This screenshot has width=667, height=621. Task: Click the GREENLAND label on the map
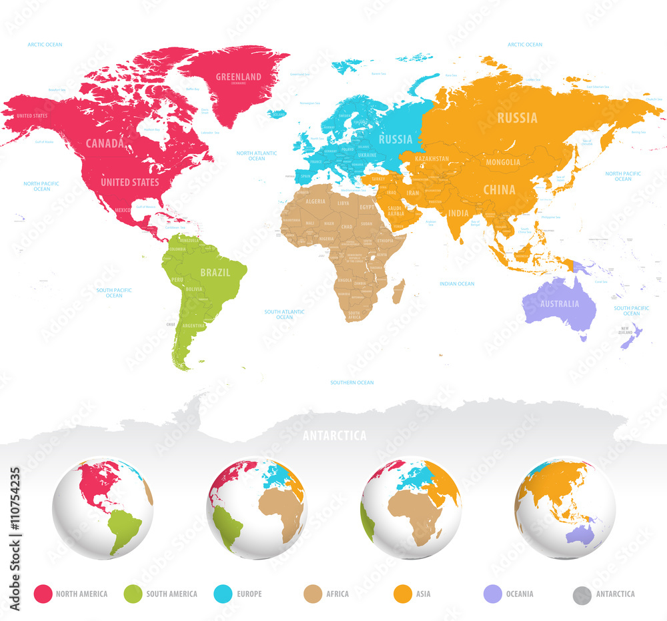pyautogui.click(x=238, y=77)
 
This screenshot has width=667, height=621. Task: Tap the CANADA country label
pyautogui.click(x=105, y=143)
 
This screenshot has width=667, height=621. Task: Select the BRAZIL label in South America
pyautogui.click(x=215, y=272)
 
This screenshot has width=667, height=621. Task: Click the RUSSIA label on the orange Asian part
pyautogui.click(x=517, y=118)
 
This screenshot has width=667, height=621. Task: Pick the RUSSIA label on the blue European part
pyautogui.click(x=396, y=139)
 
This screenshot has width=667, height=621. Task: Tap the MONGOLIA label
pyautogui.click(x=504, y=162)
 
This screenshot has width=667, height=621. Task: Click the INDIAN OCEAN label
pyautogui.click(x=457, y=283)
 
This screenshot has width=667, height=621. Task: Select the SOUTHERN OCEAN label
pyautogui.click(x=352, y=382)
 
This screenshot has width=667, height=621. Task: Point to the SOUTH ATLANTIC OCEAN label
pyautogui.click(x=284, y=314)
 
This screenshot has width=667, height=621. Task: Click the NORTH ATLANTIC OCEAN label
pyautogui.click(x=256, y=155)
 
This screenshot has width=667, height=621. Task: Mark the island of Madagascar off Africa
pyautogui.click(x=400, y=291)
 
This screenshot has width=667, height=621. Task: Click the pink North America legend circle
pyautogui.click(x=43, y=594)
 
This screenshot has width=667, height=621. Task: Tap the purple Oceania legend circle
pyautogui.click(x=492, y=594)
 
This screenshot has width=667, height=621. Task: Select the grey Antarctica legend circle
pyautogui.click(x=582, y=594)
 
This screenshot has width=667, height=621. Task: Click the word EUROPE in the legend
pyautogui.click(x=249, y=594)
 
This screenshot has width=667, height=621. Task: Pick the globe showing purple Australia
pyautogui.click(x=565, y=507)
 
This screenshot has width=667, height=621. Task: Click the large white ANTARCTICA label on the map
pyautogui.click(x=334, y=436)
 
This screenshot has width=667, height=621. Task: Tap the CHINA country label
pyautogui.click(x=499, y=189)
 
